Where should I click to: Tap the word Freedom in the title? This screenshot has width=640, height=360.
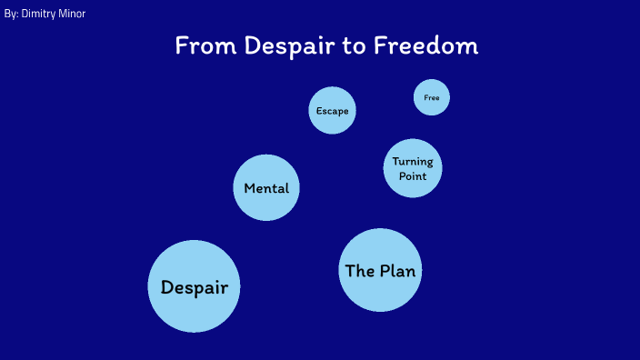425,45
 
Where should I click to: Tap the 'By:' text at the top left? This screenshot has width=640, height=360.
11,15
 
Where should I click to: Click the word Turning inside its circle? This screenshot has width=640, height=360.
413,162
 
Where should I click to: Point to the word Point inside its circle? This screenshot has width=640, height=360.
413,175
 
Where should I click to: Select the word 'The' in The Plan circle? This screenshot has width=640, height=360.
360,270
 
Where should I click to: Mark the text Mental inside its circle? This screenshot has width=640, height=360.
266,189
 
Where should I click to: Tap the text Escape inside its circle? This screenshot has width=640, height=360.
332,111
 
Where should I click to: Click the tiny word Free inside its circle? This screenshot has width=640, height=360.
432,97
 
